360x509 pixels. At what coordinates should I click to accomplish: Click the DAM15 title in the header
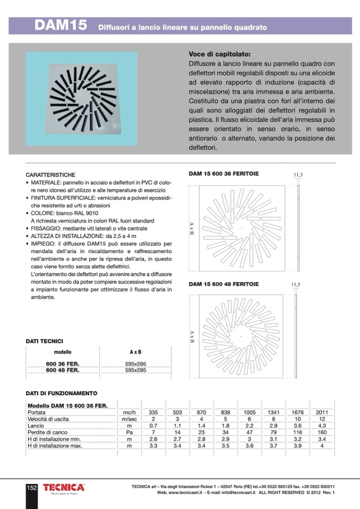point(61,26)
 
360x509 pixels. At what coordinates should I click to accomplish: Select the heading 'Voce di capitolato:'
point(220,54)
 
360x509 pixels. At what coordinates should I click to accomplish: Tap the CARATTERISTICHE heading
point(51,175)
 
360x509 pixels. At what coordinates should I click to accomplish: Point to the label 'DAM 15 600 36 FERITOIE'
point(224,173)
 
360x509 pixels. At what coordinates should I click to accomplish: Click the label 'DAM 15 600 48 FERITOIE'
point(224,284)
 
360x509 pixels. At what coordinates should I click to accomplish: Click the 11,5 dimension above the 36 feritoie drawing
point(298,174)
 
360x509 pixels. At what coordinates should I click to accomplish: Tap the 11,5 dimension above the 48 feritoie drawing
point(296,285)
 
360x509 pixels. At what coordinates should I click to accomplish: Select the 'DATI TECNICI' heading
point(45,341)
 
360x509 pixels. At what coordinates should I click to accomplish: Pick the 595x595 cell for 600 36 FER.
point(135,364)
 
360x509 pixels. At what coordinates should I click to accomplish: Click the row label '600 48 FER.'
point(63,370)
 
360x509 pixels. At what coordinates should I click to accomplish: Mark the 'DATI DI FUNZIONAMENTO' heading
point(61,394)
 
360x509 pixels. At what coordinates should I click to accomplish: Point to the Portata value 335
point(153,412)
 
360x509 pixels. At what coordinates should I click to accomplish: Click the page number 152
point(31,488)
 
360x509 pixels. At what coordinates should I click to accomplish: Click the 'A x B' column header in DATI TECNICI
point(135,352)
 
